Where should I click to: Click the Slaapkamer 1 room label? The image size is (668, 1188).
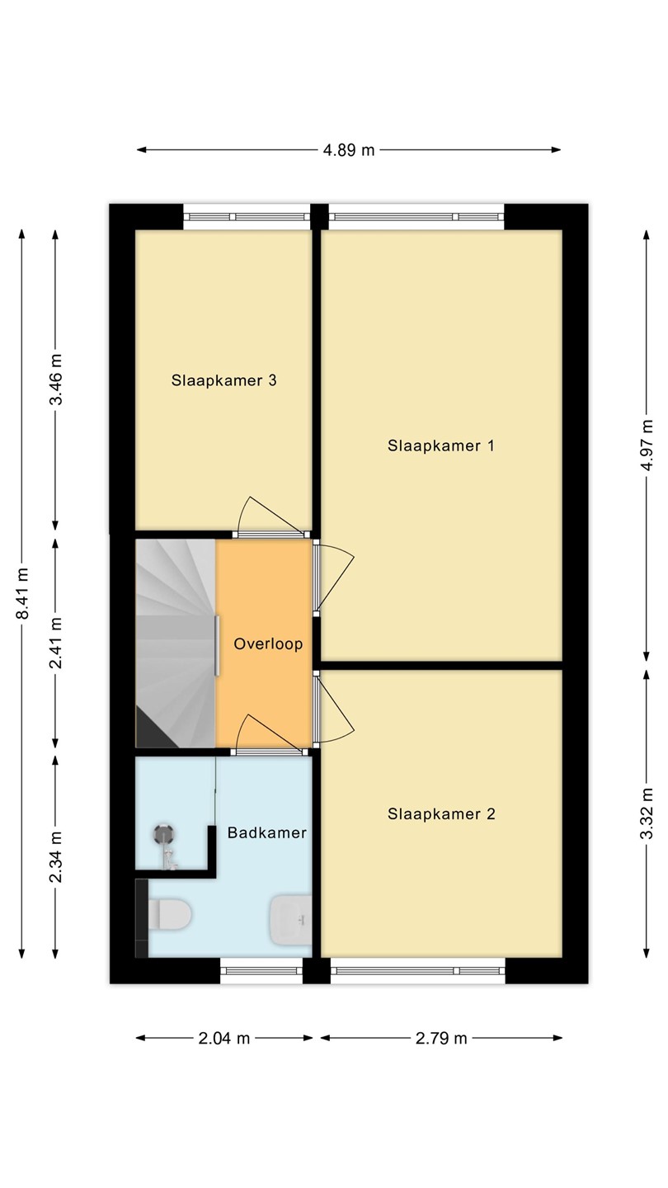pyautogui.click(x=441, y=445)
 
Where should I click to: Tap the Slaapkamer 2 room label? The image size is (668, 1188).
pyautogui.click(x=441, y=814)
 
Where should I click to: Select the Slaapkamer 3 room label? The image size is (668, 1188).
pyautogui.click(x=223, y=380)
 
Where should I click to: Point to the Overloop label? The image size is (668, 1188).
pyautogui.click(x=268, y=643)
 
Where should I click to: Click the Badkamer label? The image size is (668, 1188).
pyautogui.click(x=266, y=832)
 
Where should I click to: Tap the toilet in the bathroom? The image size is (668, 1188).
pyautogui.click(x=168, y=914)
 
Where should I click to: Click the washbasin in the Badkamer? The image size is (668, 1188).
pyautogui.click(x=291, y=921)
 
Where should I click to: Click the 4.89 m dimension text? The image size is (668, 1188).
pyautogui.click(x=349, y=150)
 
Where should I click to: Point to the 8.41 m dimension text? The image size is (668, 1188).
pyautogui.click(x=23, y=593)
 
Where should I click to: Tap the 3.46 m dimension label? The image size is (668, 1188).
pyautogui.click(x=56, y=379)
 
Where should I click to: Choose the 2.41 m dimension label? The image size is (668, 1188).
pyautogui.click(x=56, y=642)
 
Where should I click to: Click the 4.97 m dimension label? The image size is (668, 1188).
pyautogui.click(x=647, y=445)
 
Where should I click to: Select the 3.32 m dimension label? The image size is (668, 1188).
pyautogui.click(x=647, y=813)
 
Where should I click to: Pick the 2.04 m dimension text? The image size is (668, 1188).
pyautogui.click(x=223, y=1038)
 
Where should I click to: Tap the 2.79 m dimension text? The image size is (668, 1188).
pyautogui.click(x=441, y=1038)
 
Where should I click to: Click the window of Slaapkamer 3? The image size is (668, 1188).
pyautogui.click(x=247, y=217)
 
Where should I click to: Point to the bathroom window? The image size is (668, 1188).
pyautogui.click(x=261, y=970)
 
